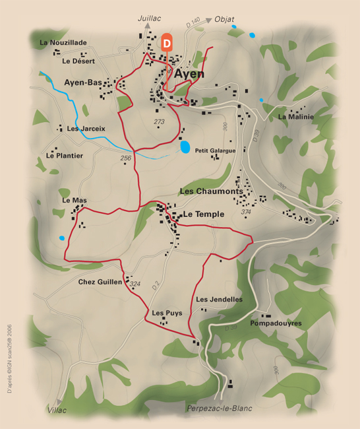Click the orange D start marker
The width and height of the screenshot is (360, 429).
click(x=167, y=42)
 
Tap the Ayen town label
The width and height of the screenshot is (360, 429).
click(x=189, y=74)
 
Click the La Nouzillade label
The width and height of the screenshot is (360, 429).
click(x=63, y=42)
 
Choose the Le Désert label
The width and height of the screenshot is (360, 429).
click(x=78, y=61)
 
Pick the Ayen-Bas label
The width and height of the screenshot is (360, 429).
click(x=83, y=82)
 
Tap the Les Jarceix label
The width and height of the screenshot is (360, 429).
click(x=86, y=128)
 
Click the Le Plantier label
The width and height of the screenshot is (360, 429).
click(x=65, y=156)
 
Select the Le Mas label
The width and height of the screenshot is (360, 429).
click(x=75, y=200)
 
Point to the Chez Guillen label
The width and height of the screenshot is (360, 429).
click(x=100, y=282)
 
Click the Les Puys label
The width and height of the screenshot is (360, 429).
click(x=167, y=313)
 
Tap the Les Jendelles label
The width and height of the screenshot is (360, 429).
click(x=220, y=300)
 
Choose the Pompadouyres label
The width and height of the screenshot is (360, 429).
click(x=276, y=323)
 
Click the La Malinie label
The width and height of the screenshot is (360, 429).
click(x=296, y=117)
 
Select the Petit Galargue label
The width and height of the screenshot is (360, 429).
click(x=215, y=150)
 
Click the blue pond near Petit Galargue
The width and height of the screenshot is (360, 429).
click(x=185, y=147)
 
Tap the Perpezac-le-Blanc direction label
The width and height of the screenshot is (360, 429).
click(x=220, y=409)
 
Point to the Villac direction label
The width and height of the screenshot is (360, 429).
click(x=58, y=410)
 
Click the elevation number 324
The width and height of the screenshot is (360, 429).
click(x=135, y=284)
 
